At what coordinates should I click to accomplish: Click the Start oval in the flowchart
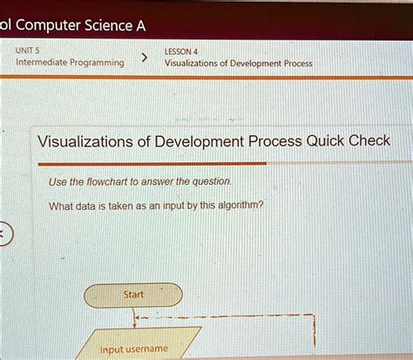[133, 295]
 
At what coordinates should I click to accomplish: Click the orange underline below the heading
[148, 163]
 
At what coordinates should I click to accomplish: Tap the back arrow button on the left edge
[3, 234]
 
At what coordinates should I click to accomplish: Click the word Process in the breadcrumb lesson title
[295, 64]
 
